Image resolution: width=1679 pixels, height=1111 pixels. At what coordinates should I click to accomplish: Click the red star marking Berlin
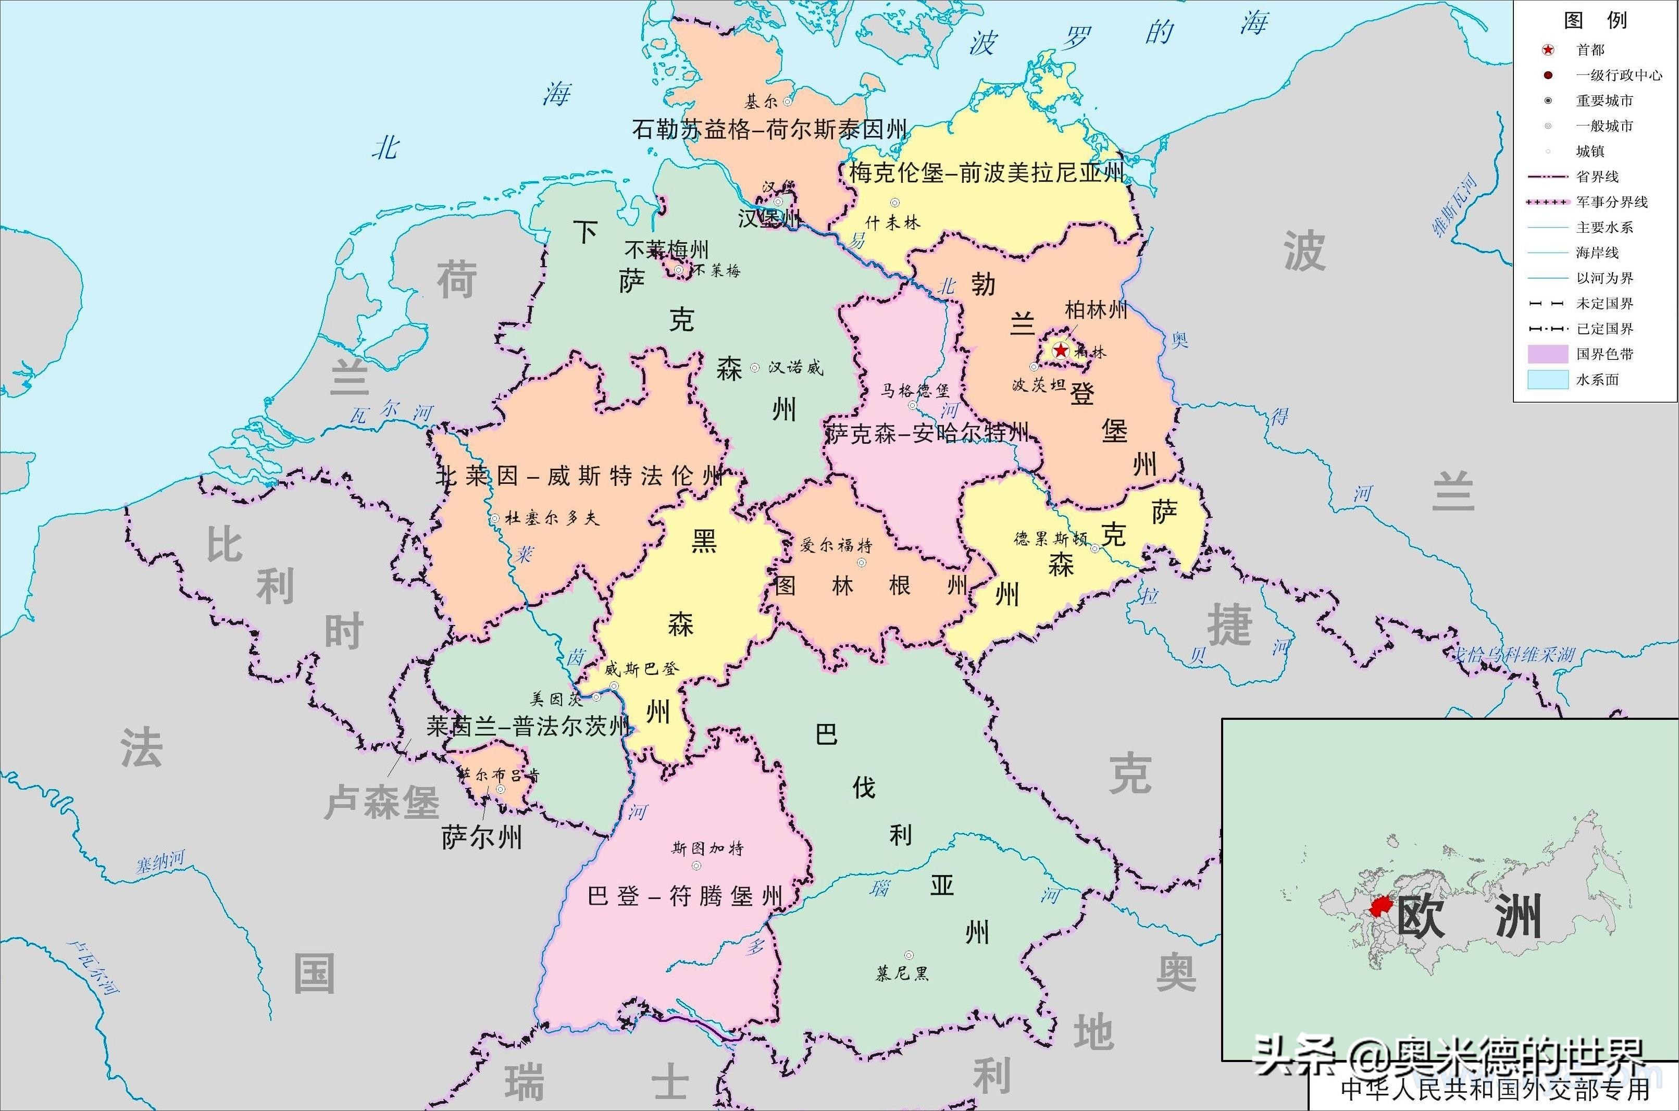tap(1061, 350)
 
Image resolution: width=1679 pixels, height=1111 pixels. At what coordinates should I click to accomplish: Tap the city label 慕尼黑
tap(902, 973)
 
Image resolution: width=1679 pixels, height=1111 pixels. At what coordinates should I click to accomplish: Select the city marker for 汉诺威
tap(755, 368)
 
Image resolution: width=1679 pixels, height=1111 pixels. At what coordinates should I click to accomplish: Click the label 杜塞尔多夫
tap(552, 518)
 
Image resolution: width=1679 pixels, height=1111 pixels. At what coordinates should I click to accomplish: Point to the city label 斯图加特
tap(707, 848)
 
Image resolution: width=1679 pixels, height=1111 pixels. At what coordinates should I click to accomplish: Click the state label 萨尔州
tap(482, 838)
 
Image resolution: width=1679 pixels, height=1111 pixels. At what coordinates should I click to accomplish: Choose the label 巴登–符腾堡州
tap(685, 896)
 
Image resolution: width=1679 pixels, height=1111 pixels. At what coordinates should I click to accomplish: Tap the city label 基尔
tap(761, 102)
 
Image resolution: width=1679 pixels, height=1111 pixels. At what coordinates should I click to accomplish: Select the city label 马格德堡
tap(915, 391)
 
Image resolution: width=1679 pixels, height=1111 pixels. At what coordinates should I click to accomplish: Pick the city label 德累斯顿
tap(1050, 539)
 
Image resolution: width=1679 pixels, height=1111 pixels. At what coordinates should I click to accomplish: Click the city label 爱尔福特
tap(836, 545)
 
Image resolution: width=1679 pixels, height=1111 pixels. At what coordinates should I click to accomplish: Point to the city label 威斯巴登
tap(641, 668)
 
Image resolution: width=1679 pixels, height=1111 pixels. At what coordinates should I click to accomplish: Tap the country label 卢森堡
tap(382, 802)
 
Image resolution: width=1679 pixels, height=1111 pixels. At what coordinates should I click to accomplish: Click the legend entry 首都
tap(1590, 49)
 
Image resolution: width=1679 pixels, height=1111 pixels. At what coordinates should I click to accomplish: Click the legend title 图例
tap(1596, 20)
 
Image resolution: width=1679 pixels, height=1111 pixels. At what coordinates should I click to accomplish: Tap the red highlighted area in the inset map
tap(1380, 906)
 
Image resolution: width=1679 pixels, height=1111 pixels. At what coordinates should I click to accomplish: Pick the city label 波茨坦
tap(1039, 385)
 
